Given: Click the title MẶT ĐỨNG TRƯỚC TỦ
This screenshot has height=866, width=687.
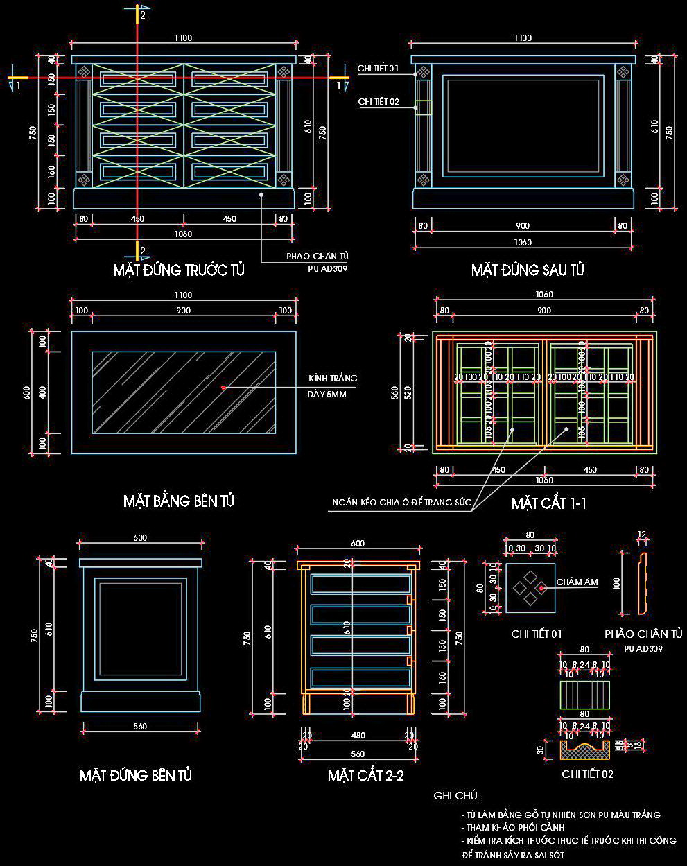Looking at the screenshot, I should coord(179,270).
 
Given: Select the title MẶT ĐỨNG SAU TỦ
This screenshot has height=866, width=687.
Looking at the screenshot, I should coord(528,270).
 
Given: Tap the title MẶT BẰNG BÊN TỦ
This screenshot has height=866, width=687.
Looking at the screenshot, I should coord(179,500).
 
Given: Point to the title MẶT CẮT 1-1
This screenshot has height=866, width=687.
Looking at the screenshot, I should coord(548,503).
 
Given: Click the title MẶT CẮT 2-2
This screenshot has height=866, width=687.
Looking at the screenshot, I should coord(365,776).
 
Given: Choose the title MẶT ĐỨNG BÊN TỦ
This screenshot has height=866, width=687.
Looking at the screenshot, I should coord(136,774).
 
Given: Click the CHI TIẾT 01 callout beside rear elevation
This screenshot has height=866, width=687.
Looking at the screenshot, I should coord(378,69).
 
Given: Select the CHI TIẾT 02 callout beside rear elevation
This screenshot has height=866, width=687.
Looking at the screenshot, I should coord(379,102).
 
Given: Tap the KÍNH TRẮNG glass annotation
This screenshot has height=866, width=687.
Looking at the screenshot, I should coord(333,379).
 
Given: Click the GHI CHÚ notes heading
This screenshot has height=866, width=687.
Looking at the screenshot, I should coord(458,795).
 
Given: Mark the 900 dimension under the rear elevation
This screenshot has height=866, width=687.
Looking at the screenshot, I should coord(523,225).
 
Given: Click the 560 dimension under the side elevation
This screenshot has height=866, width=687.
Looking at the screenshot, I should coord(139,727).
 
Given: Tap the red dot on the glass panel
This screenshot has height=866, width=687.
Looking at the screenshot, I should coord(223,387).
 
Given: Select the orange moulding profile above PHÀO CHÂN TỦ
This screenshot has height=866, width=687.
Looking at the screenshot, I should coord(642,582).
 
